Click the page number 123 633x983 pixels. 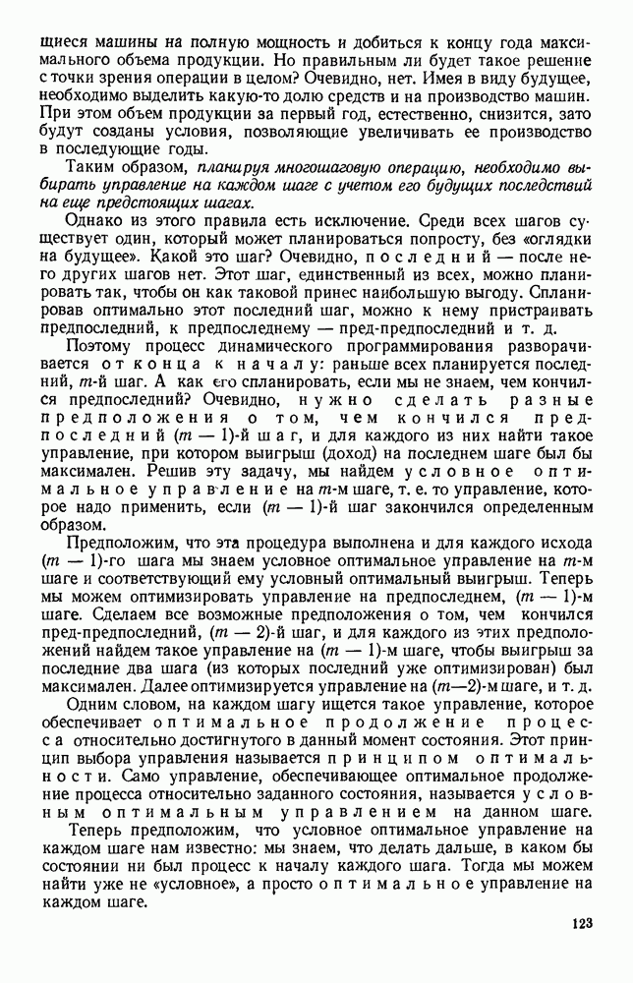point(582,923)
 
